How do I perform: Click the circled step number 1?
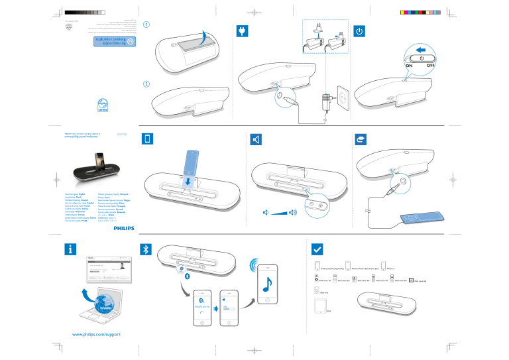pyautogui.click(x=146, y=25)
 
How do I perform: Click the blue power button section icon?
pyautogui.click(x=359, y=30)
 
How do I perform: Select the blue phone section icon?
pyautogui.click(x=148, y=139)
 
